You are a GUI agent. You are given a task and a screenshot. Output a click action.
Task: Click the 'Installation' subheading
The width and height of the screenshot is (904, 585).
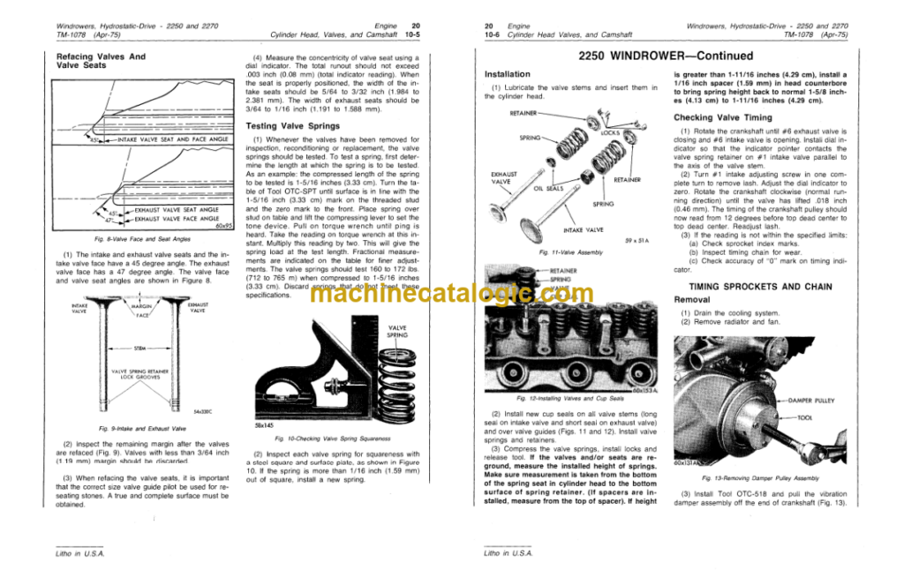(520, 74)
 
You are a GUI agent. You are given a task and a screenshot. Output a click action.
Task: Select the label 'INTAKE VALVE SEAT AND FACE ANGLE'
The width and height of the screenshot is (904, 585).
(172, 139)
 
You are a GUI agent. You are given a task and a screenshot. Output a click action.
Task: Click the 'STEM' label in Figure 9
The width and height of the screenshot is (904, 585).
(140, 349)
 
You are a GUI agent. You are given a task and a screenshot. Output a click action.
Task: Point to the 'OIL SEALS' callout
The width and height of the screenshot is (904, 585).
(550, 187)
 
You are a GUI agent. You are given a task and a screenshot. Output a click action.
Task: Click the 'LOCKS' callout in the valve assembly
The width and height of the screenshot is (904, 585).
(610, 132)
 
